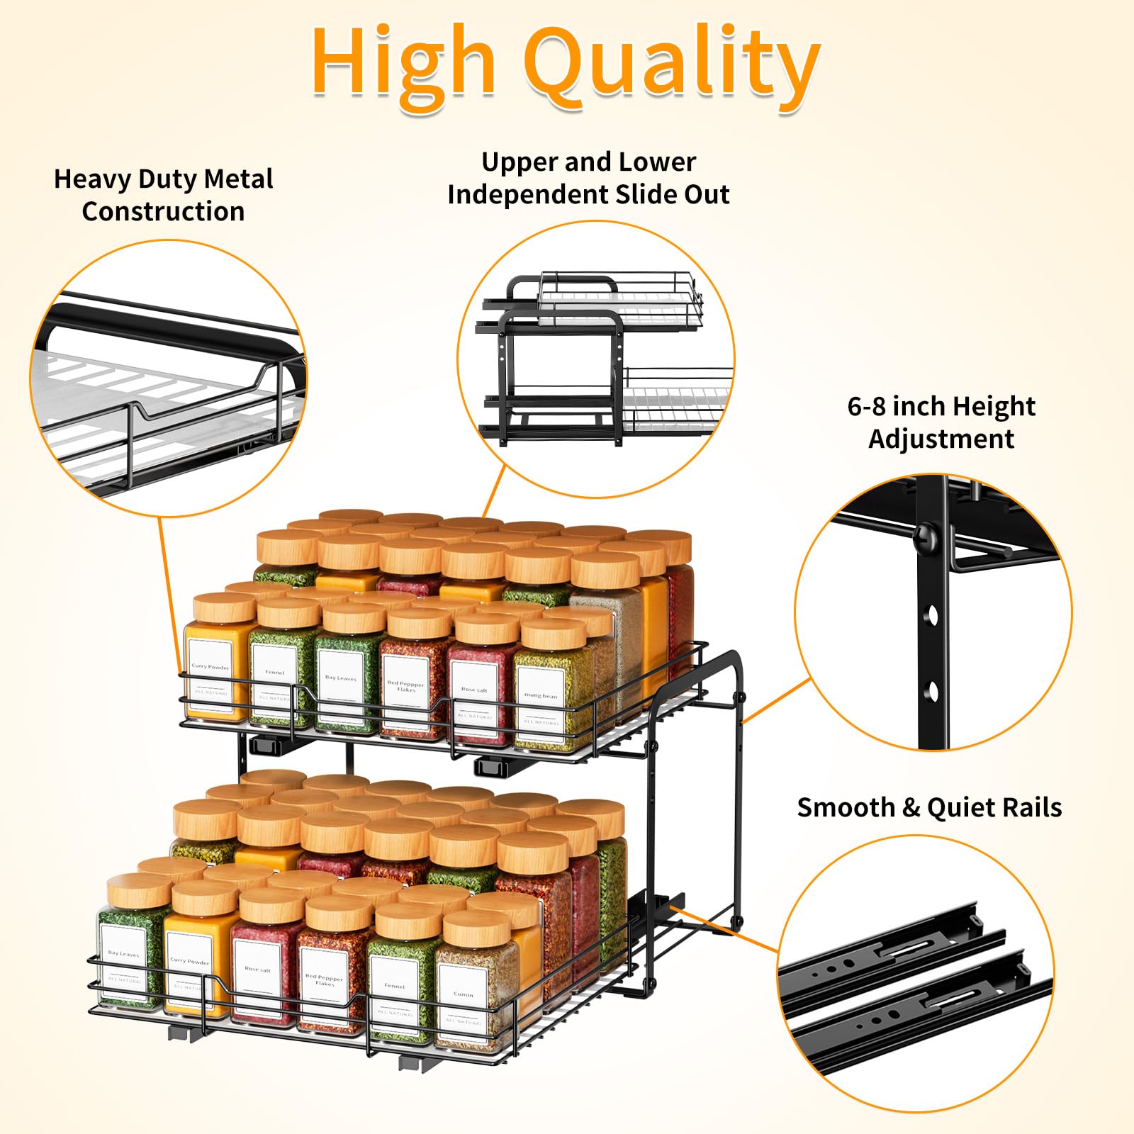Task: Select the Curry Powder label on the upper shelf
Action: coord(210,668)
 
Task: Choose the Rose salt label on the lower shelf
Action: coord(257,969)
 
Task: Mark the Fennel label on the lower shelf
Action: coord(395,986)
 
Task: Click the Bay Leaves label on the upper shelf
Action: coord(340,678)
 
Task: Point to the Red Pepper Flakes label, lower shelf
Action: coord(325,980)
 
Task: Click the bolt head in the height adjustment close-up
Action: coord(926,538)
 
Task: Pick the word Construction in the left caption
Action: coord(163,212)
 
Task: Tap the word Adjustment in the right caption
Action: coord(941,439)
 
